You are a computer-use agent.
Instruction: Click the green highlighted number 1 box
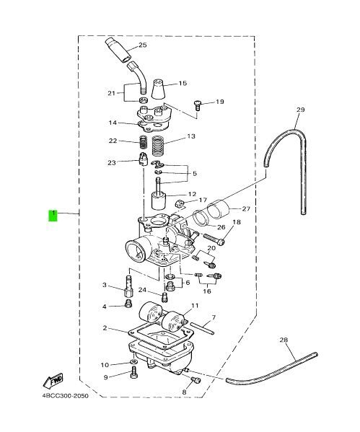coord(53,216)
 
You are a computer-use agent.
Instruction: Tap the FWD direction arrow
coord(53,381)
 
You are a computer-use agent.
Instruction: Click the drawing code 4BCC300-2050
coord(66,396)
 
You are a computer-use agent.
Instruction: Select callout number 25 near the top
coord(143,45)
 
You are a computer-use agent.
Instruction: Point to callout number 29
coord(301,110)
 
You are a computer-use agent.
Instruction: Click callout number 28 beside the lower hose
coord(284,340)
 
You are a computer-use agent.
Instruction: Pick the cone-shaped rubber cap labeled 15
coord(159,89)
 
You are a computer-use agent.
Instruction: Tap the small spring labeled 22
coord(144,143)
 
